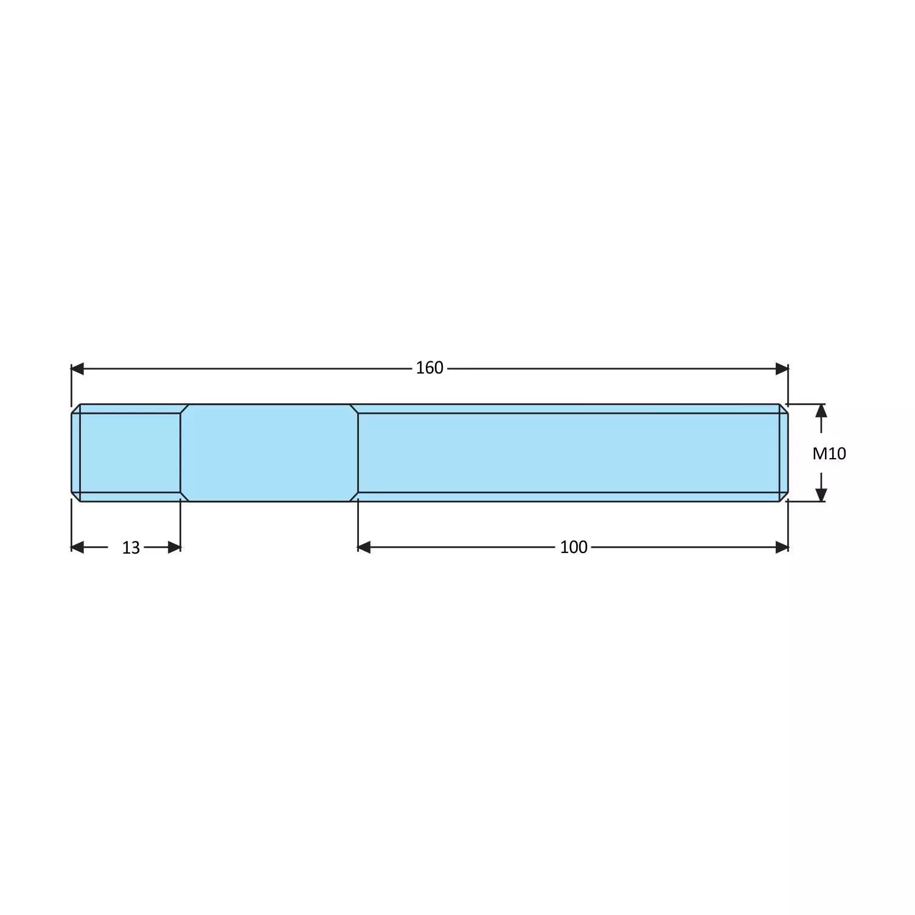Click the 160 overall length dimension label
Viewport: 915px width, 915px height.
(430, 368)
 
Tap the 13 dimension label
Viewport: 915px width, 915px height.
(131, 548)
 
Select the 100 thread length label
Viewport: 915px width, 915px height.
(574, 547)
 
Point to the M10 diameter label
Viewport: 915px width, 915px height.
(829, 453)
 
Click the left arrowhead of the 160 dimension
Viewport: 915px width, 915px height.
(78, 369)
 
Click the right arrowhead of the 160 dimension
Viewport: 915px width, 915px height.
(782, 369)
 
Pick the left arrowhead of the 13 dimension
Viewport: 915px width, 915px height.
(77, 548)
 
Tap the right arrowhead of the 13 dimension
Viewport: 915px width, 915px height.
(175, 548)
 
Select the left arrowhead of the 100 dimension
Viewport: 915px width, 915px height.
(364, 548)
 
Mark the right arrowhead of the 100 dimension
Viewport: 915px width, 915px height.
(782, 548)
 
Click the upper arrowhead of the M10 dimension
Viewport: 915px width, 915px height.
(821, 411)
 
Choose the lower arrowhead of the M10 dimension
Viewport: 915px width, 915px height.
(821, 495)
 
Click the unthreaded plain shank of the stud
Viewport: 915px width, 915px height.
(269, 453)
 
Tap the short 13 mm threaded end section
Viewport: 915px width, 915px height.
(130, 453)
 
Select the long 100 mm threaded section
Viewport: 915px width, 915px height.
(569, 453)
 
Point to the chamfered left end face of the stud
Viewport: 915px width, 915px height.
(75, 453)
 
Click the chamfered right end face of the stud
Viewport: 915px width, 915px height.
(784, 453)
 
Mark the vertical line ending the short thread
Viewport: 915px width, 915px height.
(181, 453)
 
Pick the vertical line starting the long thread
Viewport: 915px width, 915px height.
(358, 453)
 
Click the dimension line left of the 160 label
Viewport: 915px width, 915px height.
(243, 369)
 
